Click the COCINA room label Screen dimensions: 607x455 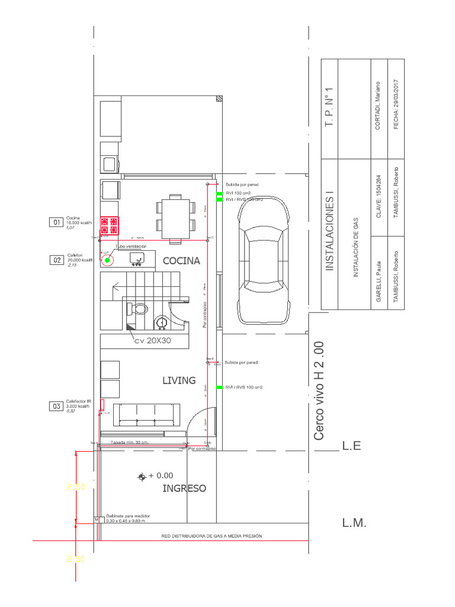coord(181,260)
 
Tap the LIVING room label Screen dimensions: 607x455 coord(179,380)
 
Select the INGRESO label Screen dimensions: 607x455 coord(184,488)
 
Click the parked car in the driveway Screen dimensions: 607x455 coord(264,260)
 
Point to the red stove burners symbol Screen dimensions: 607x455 coord(109,225)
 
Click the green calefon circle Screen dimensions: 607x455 coord(108,259)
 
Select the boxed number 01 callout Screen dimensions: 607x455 coord(57,222)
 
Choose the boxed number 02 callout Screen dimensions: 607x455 coord(57,260)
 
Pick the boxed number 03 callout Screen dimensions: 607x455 coord(57,406)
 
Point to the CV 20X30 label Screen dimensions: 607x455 coord(152,341)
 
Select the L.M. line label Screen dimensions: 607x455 coord(354,523)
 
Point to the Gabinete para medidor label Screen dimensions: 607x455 coord(127,516)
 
